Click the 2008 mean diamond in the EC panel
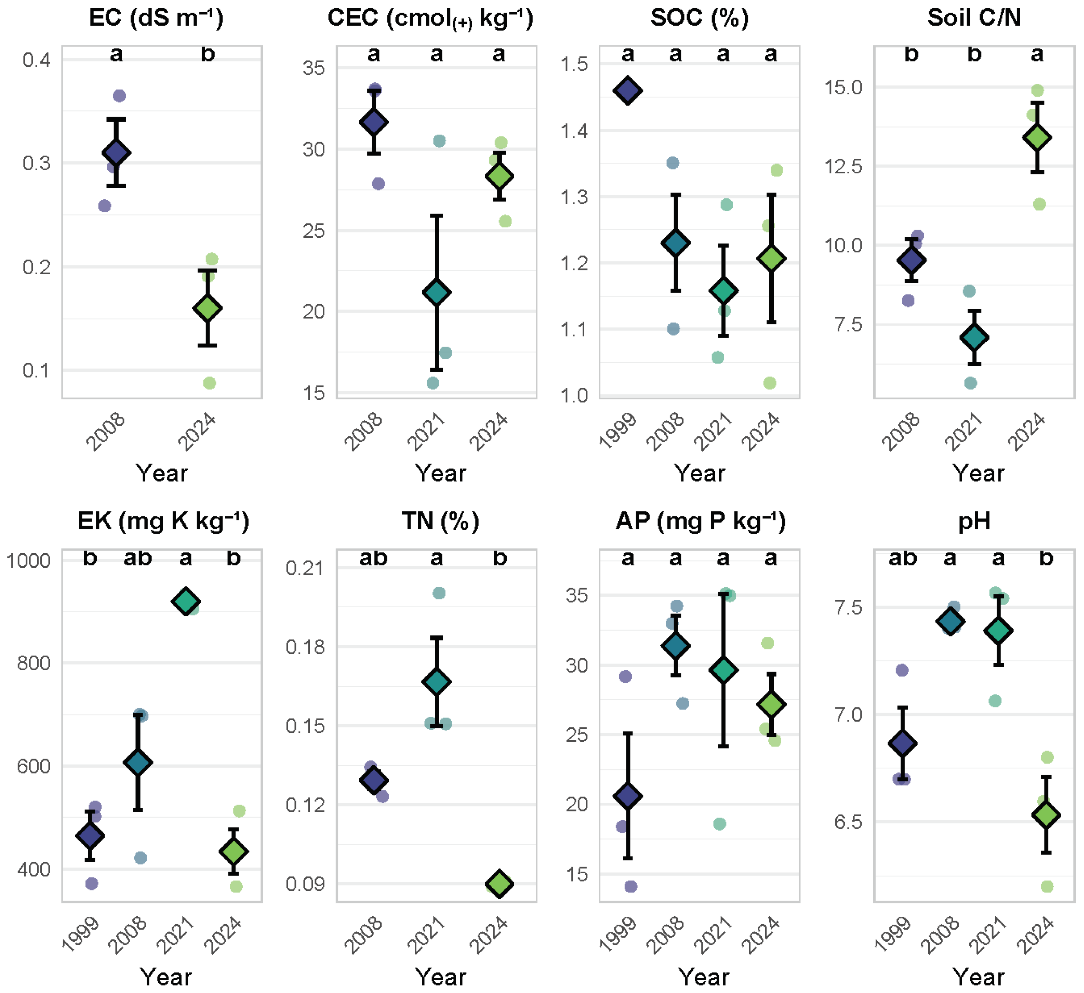(x=116, y=153)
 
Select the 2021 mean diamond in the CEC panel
(x=437, y=293)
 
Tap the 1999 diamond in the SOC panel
(x=627, y=90)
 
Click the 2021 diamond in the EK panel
(x=186, y=601)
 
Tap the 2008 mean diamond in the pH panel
(x=950, y=622)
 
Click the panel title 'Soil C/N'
(x=974, y=18)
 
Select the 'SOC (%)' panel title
(x=699, y=18)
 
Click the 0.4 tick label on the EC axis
(x=36, y=59)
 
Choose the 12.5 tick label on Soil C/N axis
(x=844, y=166)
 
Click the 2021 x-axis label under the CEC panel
(x=426, y=432)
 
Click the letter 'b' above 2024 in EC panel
(x=208, y=54)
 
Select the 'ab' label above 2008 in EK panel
(x=137, y=558)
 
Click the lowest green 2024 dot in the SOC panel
(x=770, y=383)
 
